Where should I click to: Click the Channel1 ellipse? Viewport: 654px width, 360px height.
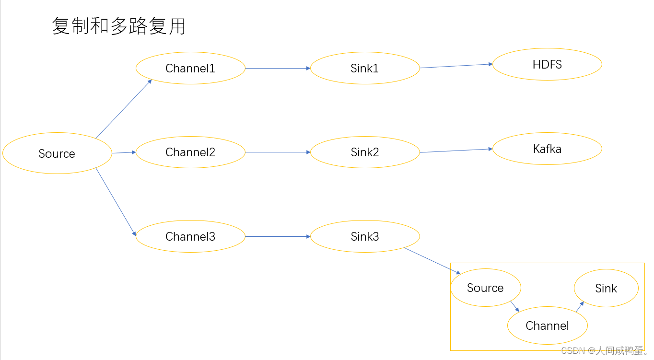(190, 68)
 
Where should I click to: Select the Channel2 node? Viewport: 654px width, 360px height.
(190, 152)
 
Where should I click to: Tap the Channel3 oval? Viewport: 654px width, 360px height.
(190, 236)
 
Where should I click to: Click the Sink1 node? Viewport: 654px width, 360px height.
(364, 68)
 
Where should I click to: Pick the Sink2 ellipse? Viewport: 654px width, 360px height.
(364, 152)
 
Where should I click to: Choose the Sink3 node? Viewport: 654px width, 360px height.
(364, 236)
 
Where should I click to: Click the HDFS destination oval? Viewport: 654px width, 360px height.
(547, 64)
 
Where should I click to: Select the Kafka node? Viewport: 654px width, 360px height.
(547, 149)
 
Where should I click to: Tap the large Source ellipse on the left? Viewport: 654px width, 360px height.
(57, 153)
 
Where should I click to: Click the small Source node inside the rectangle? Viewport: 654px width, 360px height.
(485, 288)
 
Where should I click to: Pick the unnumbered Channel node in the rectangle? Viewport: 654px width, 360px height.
(547, 325)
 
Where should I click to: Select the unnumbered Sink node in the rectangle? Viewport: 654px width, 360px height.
(606, 288)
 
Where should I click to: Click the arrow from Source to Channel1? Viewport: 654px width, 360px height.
(124, 109)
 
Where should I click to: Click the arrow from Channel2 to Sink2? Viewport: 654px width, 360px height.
(278, 152)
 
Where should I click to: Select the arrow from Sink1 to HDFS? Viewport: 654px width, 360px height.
(456, 66)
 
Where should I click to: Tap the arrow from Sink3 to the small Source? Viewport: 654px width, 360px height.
(432, 261)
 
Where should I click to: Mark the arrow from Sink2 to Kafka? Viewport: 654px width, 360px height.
(456, 151)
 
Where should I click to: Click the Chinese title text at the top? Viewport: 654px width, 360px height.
(118, 26)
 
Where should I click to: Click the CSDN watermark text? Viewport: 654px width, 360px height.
(604, 351)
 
